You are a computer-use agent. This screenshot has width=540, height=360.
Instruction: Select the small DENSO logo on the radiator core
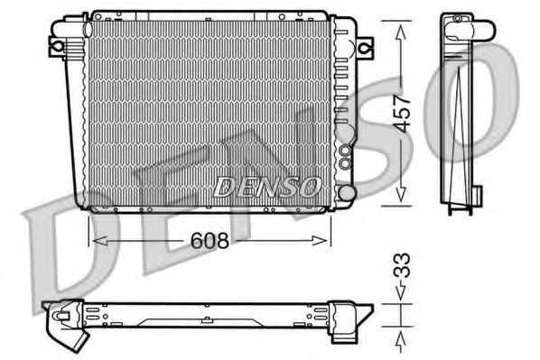coord(266,186)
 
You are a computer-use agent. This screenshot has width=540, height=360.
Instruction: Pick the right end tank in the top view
coord(348,315)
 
